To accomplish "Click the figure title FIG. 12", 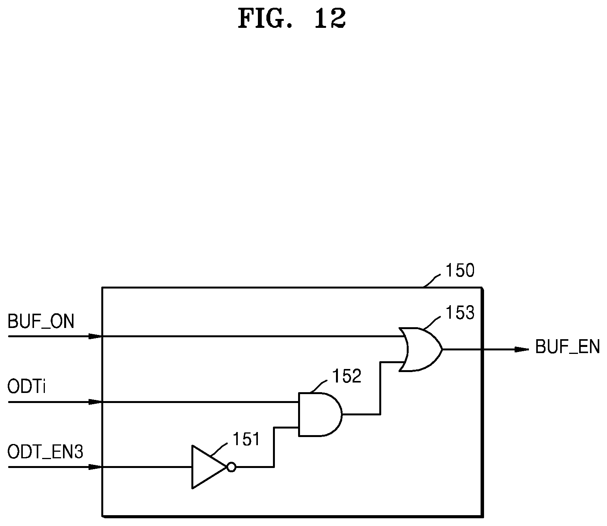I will point(292,19).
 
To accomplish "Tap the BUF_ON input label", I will point(41,321).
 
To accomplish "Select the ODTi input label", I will point(27,387).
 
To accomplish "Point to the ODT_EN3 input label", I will point(45,452).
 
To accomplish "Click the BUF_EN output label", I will point(567,347).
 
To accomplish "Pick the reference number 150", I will point(460,271).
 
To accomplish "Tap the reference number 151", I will point(246,439).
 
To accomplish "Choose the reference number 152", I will point(347,376).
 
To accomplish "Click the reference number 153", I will point(460,313).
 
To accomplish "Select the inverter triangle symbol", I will point(208,467).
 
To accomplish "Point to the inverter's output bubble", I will point(231,467).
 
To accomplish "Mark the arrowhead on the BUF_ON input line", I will point(95,336).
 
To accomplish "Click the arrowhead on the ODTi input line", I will point(95,402).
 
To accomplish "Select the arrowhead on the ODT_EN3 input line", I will point(95,467).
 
